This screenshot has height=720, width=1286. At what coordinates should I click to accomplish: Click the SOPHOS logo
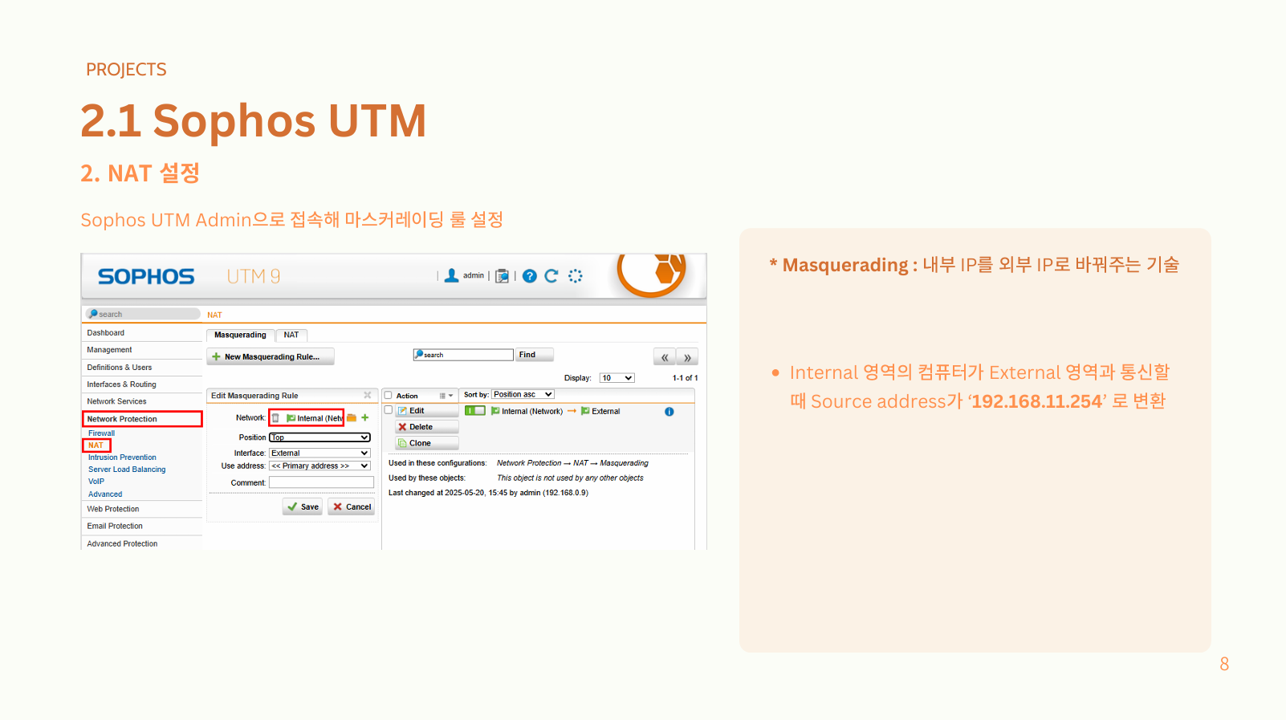coord(146,277)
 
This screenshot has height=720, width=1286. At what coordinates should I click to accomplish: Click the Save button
coord(303,506)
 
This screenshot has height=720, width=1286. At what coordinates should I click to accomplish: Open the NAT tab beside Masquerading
coord(291,335)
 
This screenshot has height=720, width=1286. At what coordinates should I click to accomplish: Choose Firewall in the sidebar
coord(101,433)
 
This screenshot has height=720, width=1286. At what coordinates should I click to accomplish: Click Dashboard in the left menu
coord(106,333)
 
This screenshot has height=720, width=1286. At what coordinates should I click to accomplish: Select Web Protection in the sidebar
coord(113,509)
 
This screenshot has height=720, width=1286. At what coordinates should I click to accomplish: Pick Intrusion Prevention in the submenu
coord(122,458)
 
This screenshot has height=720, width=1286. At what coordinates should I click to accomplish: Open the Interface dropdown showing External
coord(319,453)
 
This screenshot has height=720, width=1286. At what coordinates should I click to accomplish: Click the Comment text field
coord(321,482)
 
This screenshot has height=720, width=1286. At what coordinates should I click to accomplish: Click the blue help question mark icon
coord(530,276)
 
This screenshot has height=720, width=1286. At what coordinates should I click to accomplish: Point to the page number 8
coord(1224,664)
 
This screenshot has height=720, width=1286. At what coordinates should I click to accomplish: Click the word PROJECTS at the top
coord(126,70)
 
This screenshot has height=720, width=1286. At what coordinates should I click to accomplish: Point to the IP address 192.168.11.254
coord(1037,401)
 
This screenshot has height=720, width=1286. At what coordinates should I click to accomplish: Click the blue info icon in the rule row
coord(669,412)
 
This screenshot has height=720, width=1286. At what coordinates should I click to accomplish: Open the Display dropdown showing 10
coord(617,378)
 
